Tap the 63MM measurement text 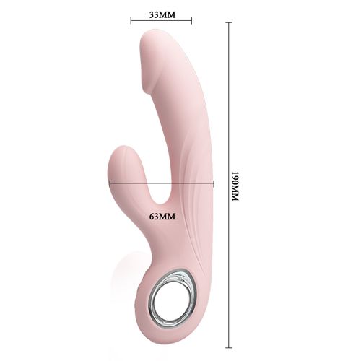[x=162, y=215]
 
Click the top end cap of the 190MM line [x=229, y=22]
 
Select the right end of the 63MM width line [x=214, y=184]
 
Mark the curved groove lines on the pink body [x=193, y=180]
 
